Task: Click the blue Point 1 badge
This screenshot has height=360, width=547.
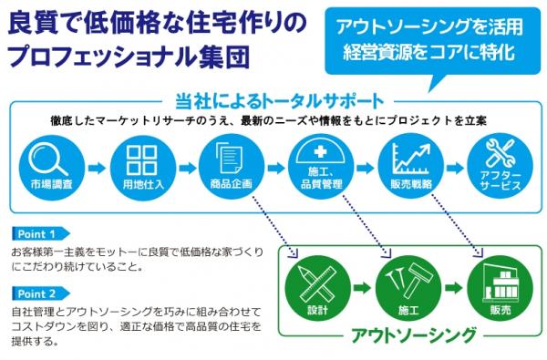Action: (x=40, y=233)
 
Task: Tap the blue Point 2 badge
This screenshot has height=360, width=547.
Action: (x=40, y=293)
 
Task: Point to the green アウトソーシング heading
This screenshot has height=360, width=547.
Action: (x=413, y=336)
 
